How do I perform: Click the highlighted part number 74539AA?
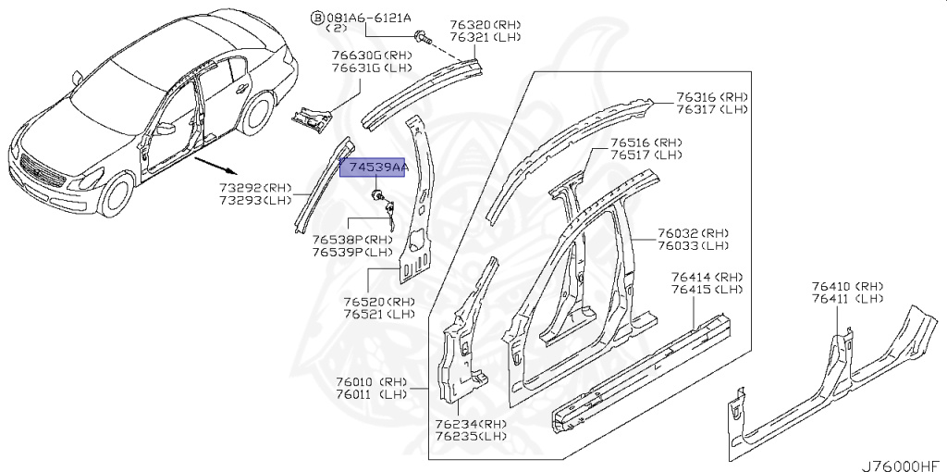[375, 168]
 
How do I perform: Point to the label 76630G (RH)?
[357, 55]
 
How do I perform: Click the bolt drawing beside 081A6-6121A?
[424, 38]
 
